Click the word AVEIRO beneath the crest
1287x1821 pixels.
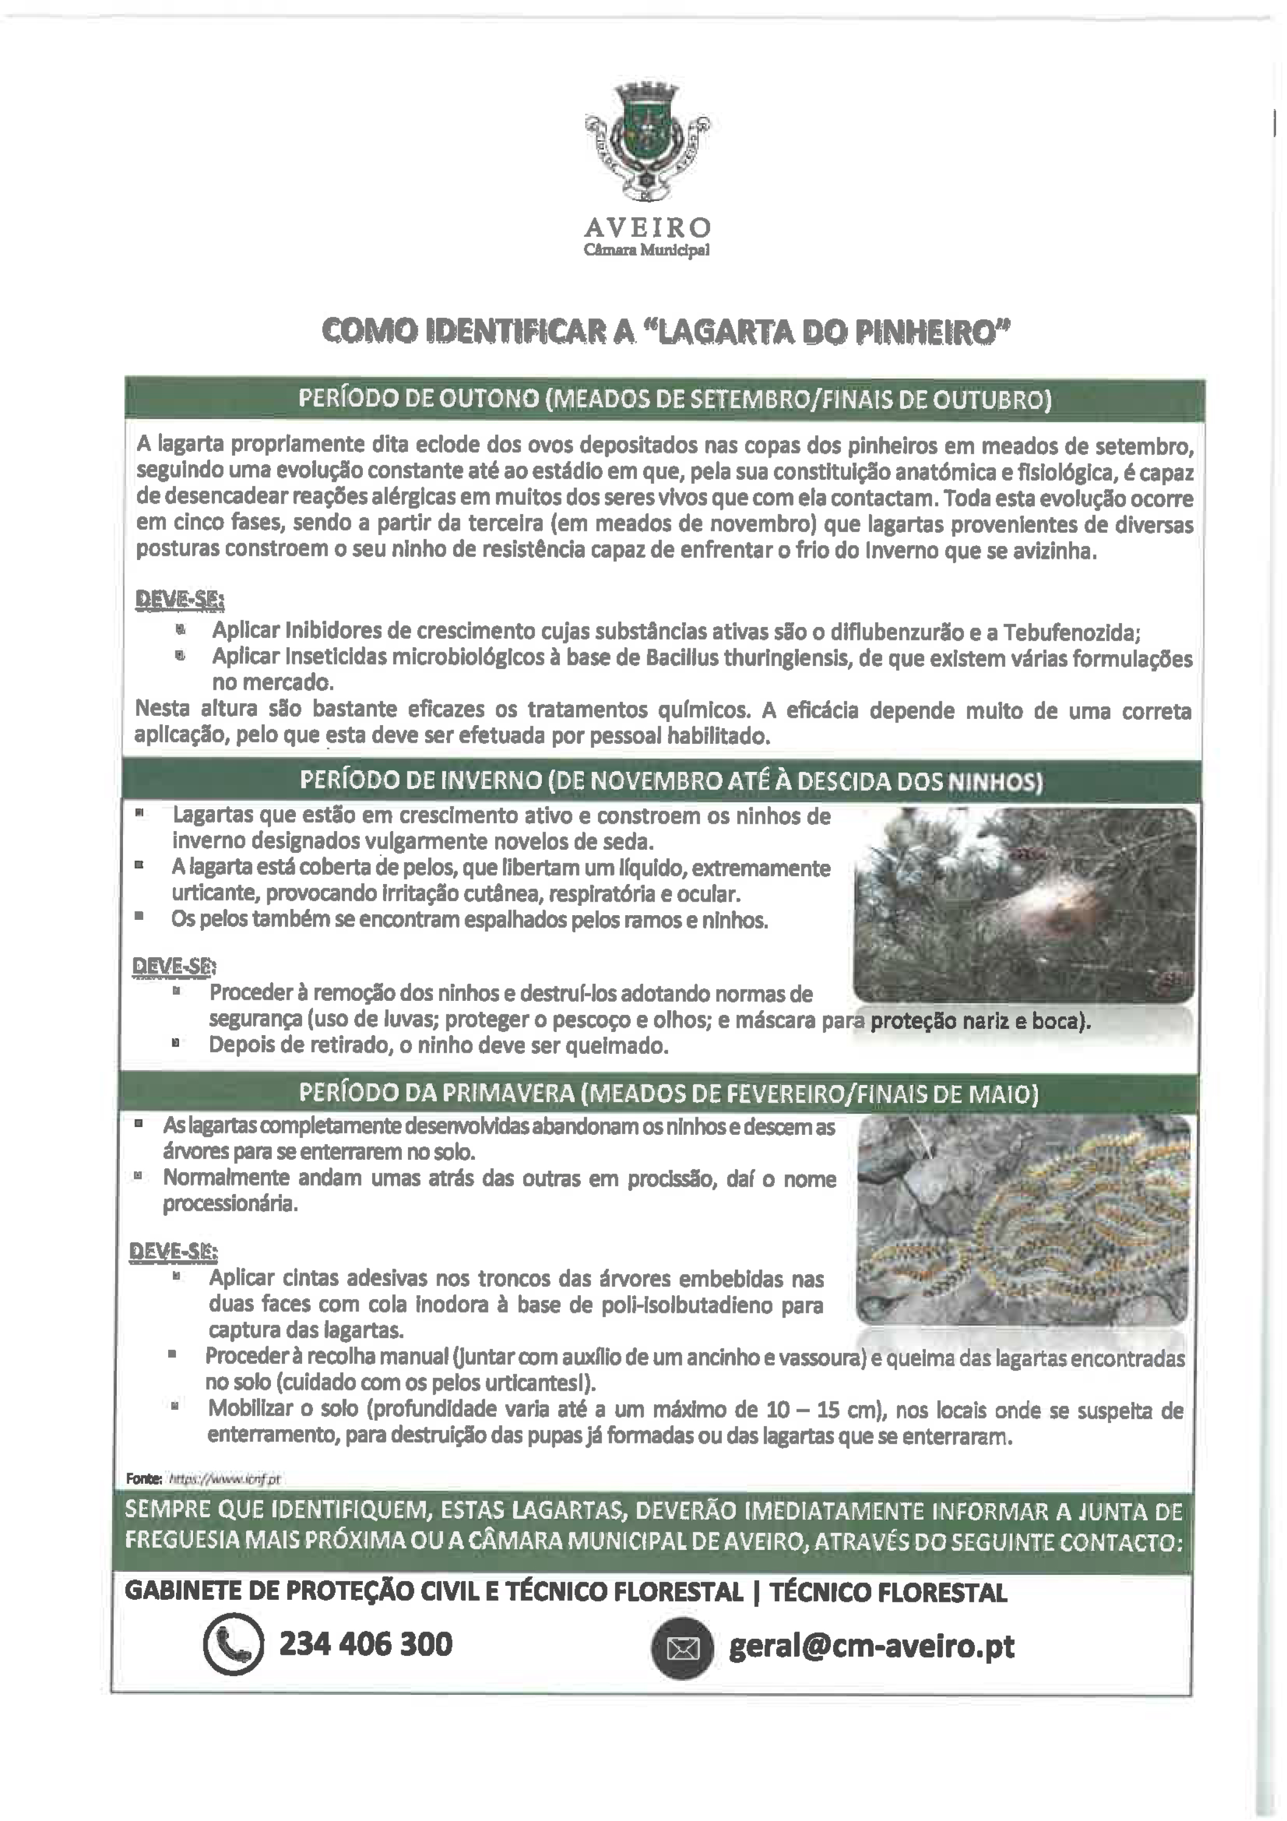click(647, 229)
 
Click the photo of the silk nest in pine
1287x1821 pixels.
click(1024, 905)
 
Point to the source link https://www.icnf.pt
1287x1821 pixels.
click(225, 1478)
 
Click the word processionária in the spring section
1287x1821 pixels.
click(230, 1204)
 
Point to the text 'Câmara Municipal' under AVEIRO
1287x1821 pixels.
click(647, 251)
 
